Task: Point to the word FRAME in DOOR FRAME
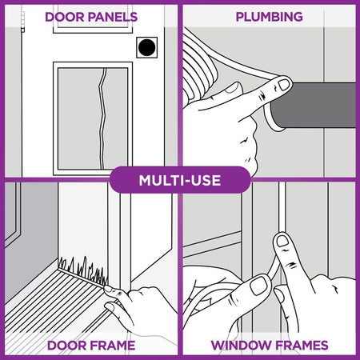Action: tap(110, 346)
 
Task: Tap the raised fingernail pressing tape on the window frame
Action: tap(283, 242)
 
